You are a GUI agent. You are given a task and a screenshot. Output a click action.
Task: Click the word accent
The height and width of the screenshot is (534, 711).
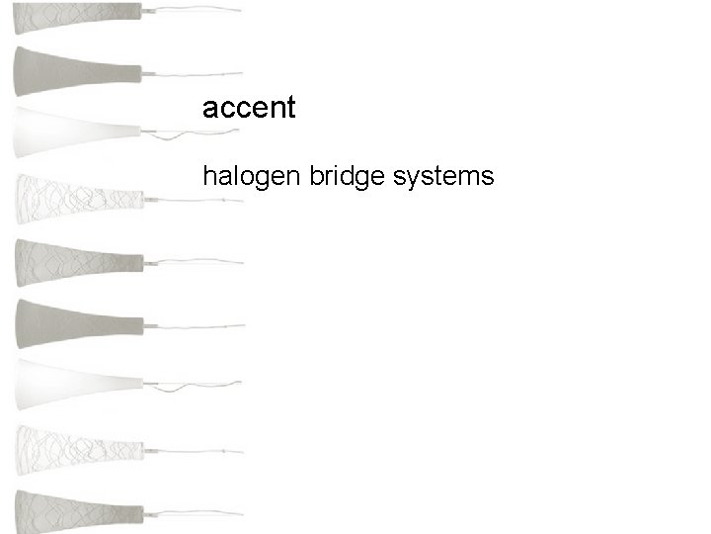pos(248,108)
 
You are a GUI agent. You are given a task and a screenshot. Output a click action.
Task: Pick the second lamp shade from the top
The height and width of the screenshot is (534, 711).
pos(69,69)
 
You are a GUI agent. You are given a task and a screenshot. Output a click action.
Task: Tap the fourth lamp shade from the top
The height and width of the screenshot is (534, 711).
pos(69,195)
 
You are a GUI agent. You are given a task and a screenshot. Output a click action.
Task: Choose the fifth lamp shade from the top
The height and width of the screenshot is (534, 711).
pos(69,261)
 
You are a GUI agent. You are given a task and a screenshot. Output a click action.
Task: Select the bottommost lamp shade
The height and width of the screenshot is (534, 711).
pos(69,512)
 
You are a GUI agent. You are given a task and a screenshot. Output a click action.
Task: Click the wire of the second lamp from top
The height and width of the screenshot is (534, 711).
pos(197,74)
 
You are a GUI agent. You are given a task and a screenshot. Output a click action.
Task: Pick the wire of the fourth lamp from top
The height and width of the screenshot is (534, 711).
pos(197,199)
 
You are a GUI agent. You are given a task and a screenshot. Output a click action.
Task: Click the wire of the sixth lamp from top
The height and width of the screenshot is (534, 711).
pos(197,324)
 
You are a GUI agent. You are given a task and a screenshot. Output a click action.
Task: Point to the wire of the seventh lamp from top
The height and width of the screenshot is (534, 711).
pos(197,386)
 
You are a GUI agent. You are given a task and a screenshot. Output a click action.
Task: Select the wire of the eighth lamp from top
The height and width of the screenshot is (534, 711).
pos(197,450)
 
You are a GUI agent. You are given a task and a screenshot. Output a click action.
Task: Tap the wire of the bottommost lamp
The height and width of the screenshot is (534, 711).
pos(197,514)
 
